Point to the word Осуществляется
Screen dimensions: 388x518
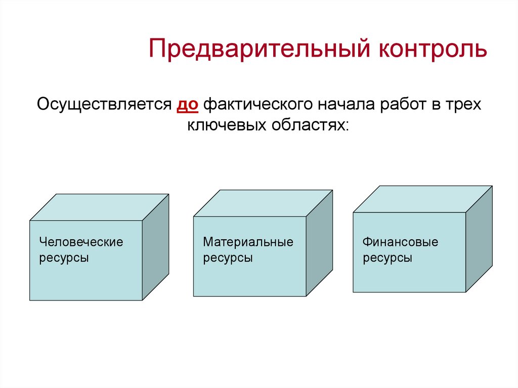click(103, 105)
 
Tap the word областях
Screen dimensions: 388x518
click(312, 125)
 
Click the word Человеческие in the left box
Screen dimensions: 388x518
click(81, 242)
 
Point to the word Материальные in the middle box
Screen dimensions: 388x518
click(248, 242)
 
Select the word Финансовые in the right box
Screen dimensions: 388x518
click(400, 242)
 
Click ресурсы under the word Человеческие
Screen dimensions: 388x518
click(64, 258)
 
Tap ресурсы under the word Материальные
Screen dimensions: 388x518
click(228, 258)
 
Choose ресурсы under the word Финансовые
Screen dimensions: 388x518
click(387, 258)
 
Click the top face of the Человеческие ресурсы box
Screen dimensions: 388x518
click(99, 207)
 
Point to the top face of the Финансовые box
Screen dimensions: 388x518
click(422, 199)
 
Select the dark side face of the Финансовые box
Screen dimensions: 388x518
click(479, 238)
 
